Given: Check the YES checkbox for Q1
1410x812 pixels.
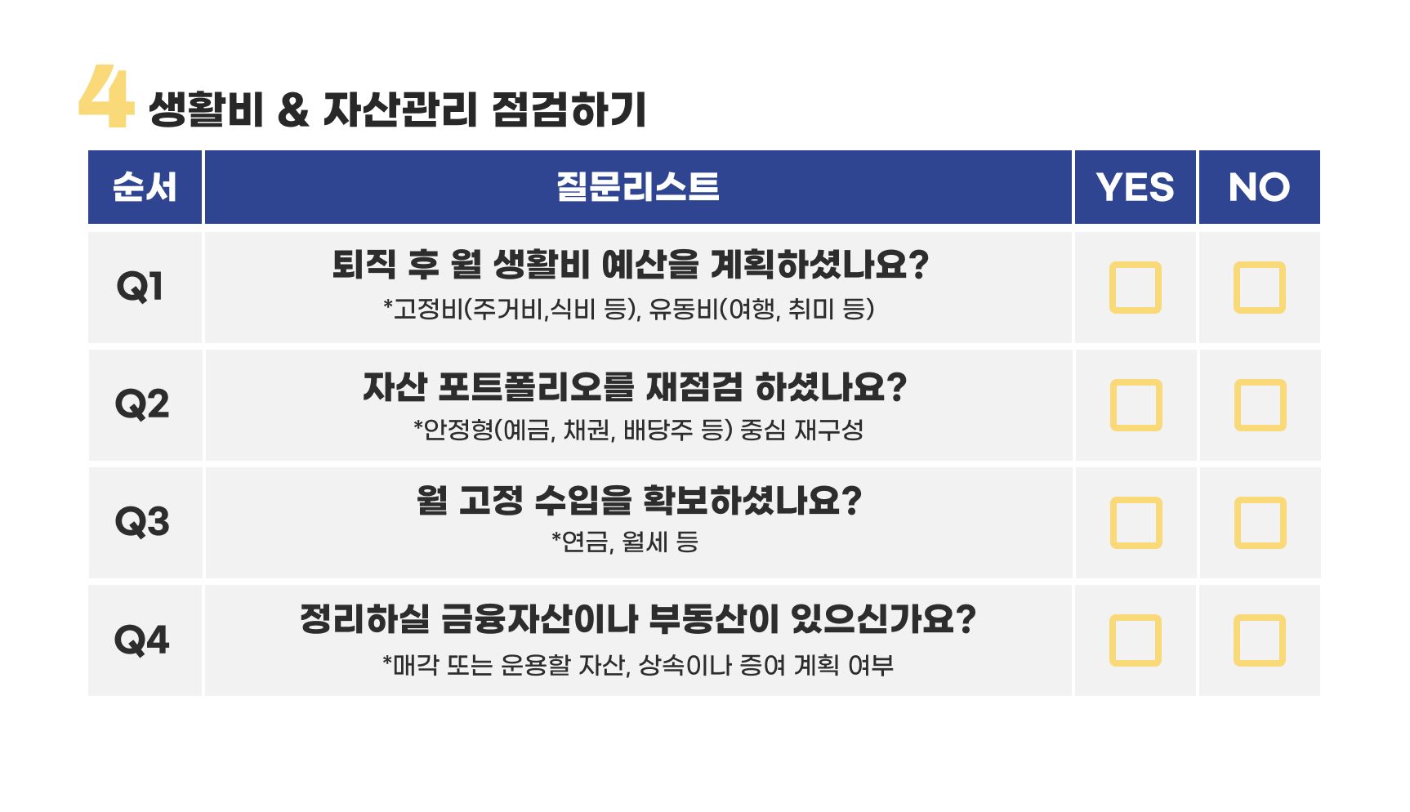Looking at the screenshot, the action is tap(1136, 288).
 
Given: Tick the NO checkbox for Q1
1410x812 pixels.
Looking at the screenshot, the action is tap(1260, 288).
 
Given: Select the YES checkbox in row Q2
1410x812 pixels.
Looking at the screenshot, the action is tap(1136, 405).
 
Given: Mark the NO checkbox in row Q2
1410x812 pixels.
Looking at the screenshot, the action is tap(1260, 405).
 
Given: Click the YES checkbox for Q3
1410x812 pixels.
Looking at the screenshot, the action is tap(1136, 523).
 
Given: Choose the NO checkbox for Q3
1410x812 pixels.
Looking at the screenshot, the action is tap(1260, 523).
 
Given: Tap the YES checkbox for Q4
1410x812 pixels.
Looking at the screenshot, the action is tap(1136, 640).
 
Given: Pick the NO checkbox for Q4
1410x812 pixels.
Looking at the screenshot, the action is tap(1260, 640).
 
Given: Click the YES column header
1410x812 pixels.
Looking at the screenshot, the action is tap(1136, 187).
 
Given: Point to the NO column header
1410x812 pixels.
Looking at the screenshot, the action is tap(1260, 187).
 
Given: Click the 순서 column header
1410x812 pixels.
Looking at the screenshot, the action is tap(145, 187).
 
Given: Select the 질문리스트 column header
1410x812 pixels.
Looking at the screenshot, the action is tap(638, 187).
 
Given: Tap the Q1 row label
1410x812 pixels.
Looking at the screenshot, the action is tap(141, 287).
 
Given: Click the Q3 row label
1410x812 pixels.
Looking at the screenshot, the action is tap(142, 522).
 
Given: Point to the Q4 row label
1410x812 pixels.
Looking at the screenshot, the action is tap(142, 640).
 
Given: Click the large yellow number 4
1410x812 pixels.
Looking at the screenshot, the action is tap(106, 96).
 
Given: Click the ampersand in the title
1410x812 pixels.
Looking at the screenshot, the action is tap(293, 110).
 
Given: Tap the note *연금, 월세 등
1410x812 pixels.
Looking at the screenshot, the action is tap(625, 542).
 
